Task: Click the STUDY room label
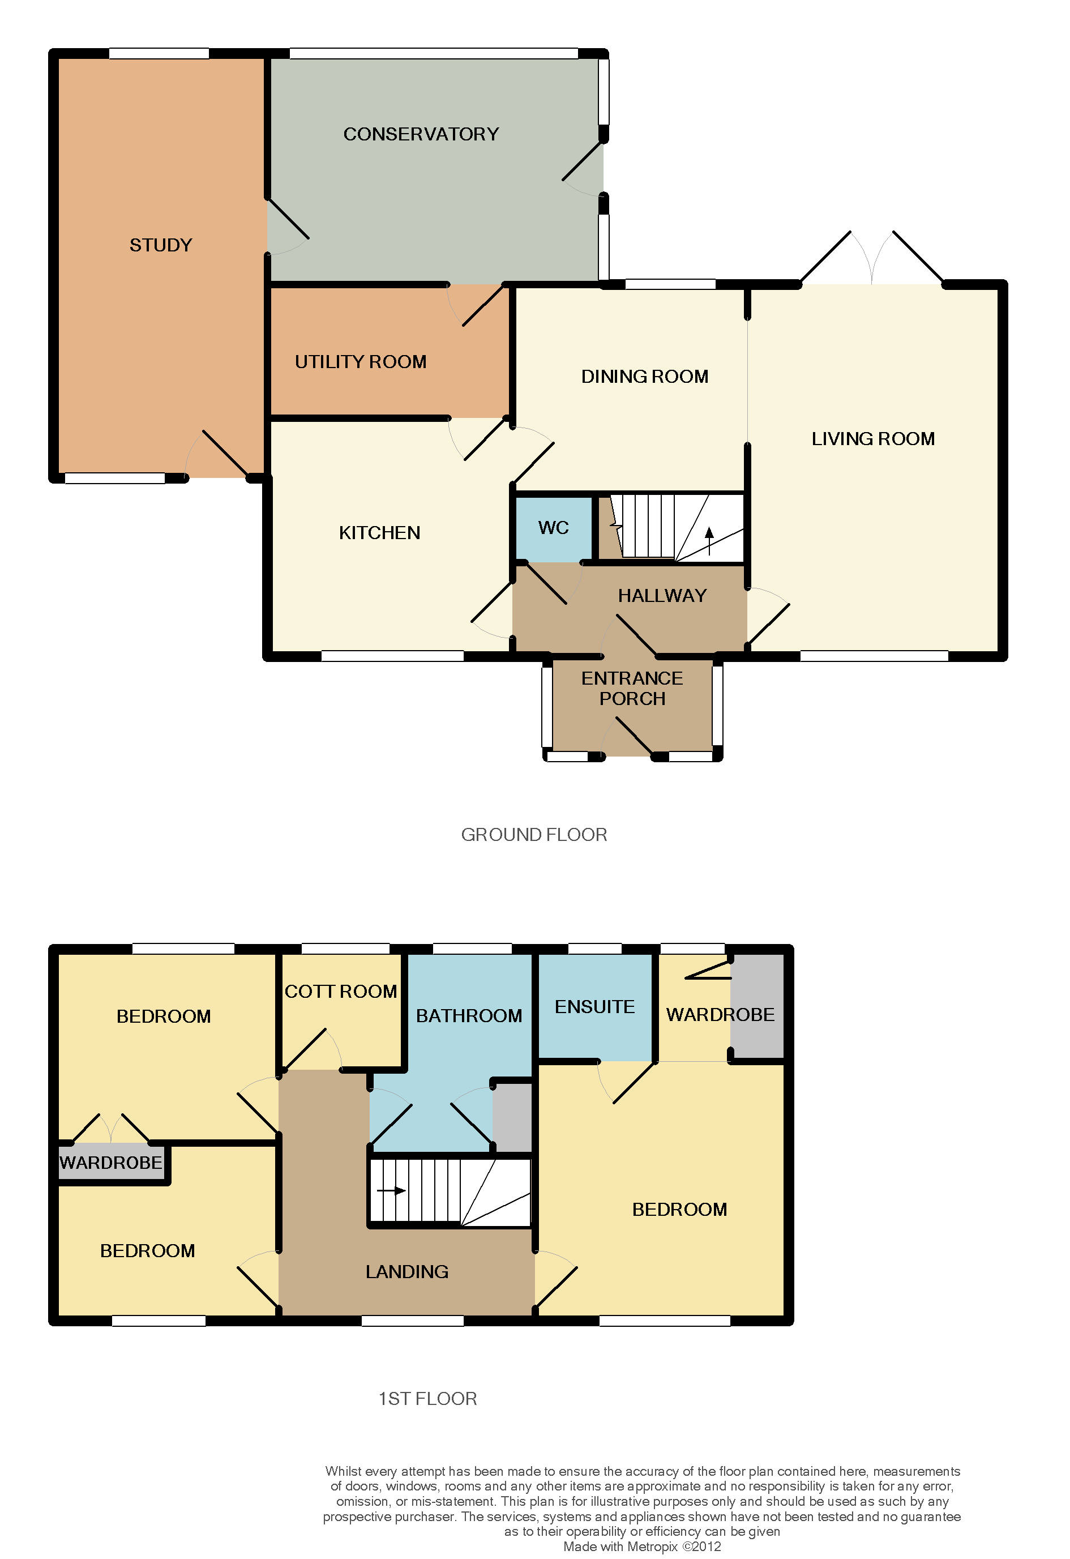161,245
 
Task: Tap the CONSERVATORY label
421,134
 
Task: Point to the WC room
554,528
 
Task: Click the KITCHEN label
380,533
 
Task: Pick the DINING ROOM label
645,377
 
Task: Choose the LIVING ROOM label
874,439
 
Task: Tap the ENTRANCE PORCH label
632,688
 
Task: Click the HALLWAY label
663,596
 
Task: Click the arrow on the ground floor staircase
709,541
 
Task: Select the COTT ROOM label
341,992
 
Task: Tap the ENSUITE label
595,1007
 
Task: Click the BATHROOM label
469,1015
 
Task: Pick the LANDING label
407,1272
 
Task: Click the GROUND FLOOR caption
534,835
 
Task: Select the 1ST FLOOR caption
428,1399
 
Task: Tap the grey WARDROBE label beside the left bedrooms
111,1163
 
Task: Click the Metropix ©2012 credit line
642,1546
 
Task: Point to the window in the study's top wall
159,54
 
